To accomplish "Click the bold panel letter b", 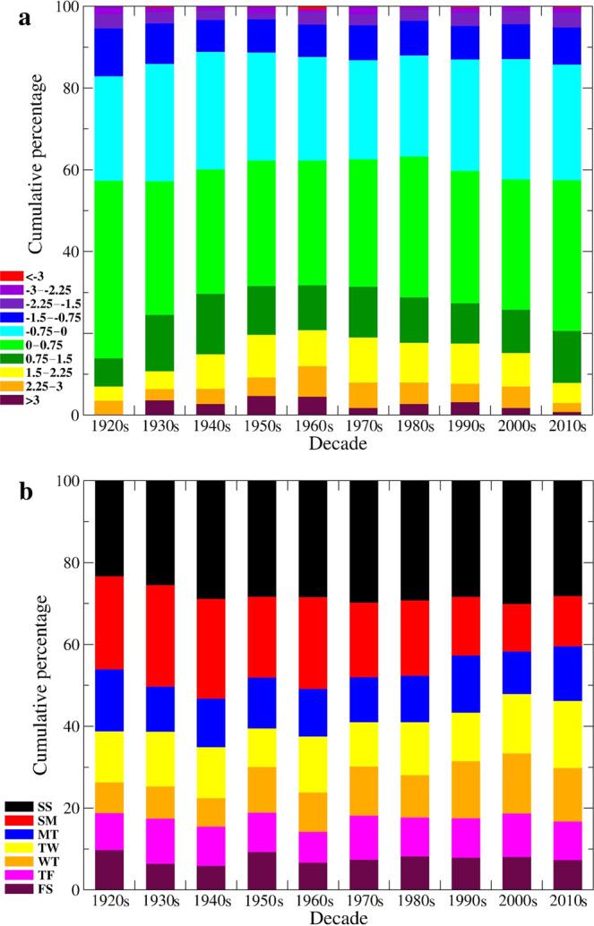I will point(15,491).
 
